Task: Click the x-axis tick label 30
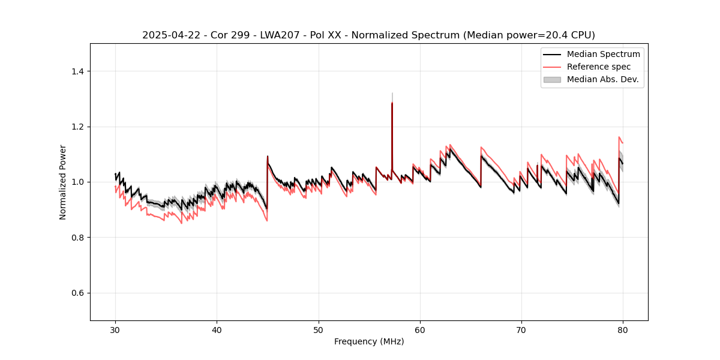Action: tap(115, 330)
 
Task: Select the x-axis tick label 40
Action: tap(217, 330)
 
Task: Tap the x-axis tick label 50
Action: tap(319, 330)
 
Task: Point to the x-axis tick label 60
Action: tap(420, 330)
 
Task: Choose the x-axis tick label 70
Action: tap(521, 330)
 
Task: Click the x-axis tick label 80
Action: tap(623, 330)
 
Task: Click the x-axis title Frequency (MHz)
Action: tap(369, 341)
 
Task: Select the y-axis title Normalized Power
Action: tap(62, 182)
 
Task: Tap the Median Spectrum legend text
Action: tap(603, 54)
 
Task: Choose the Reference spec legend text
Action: tap(599, 67)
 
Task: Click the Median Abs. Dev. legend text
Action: tap(603, 79)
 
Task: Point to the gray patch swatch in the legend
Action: tap(552, 79)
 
